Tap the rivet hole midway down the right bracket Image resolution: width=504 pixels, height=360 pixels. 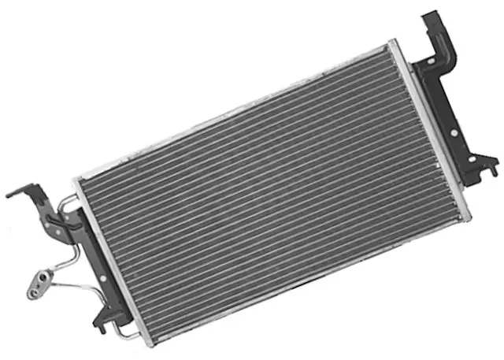[453, 118]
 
